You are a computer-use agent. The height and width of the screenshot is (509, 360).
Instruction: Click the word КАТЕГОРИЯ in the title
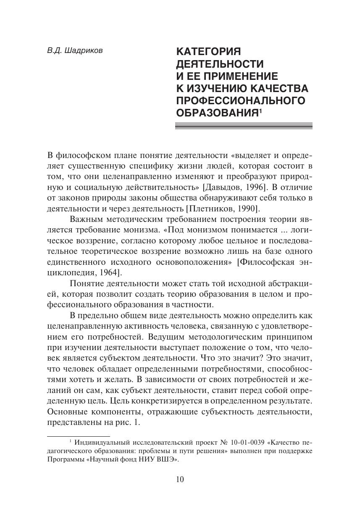[x=208, y=52]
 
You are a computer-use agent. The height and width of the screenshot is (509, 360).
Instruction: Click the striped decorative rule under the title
[x=244, y=125]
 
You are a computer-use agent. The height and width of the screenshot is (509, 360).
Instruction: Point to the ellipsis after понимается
[x=287, y=230]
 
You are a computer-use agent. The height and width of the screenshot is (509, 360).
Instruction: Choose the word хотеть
[x=78, y=381]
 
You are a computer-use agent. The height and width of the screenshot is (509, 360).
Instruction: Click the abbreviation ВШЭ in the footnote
[x=167, y=460]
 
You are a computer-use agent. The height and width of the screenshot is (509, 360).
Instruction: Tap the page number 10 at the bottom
[x=180, y=480]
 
